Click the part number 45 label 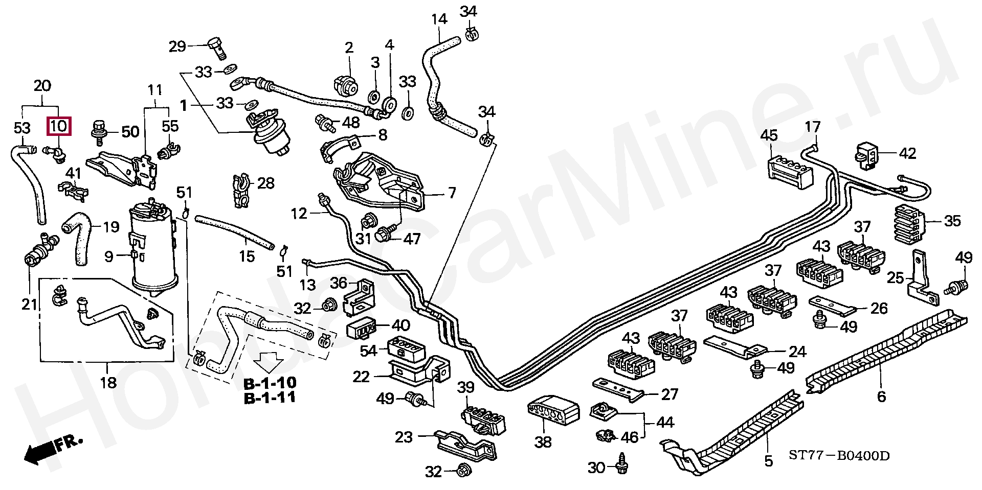769,135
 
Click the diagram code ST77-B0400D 839,455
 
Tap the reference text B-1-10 270,383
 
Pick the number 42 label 907,153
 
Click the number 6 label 881,396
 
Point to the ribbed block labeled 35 920,222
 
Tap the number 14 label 439,19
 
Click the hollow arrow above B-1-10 269,362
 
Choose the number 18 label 108,383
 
